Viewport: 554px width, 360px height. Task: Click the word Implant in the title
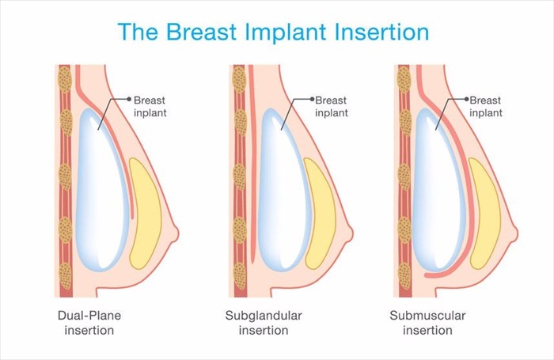pyautogui.click(x=285, y=32)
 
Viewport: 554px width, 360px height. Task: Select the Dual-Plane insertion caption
pyautogui.click(x=89, y=323)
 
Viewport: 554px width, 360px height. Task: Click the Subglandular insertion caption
pyautogui.click(x=264, y=323)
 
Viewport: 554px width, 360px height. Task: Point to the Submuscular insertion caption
pyautogui.click(x=427, y=323)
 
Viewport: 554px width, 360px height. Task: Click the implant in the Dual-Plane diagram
pyautogui.click(x=102, y=190)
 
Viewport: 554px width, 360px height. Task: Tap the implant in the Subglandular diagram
pyautogui.click(x=284, y=190)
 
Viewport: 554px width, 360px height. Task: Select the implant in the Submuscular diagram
pyautogui.click(x=438, y=190)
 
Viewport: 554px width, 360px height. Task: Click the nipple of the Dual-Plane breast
pyautogui.click(x=175, y=233)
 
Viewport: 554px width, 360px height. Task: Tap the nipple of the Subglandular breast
pyautogui.click(x=350, y=233)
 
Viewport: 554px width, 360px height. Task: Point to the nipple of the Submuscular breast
pyautogui.click(x=514, y=233)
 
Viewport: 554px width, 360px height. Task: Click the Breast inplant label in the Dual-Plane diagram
pyautogui.click(x=150, y=107)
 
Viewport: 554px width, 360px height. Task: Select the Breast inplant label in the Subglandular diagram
pyautogui.click(x=332, y=107)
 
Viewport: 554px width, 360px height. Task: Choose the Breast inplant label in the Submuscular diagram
pyautogui.click(x=485, y=107)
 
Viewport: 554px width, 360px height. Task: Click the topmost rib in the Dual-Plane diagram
pyautogui.click(x=65, y=79)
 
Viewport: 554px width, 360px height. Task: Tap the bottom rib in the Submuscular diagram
pyautogui.click(x=405, y=276)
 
